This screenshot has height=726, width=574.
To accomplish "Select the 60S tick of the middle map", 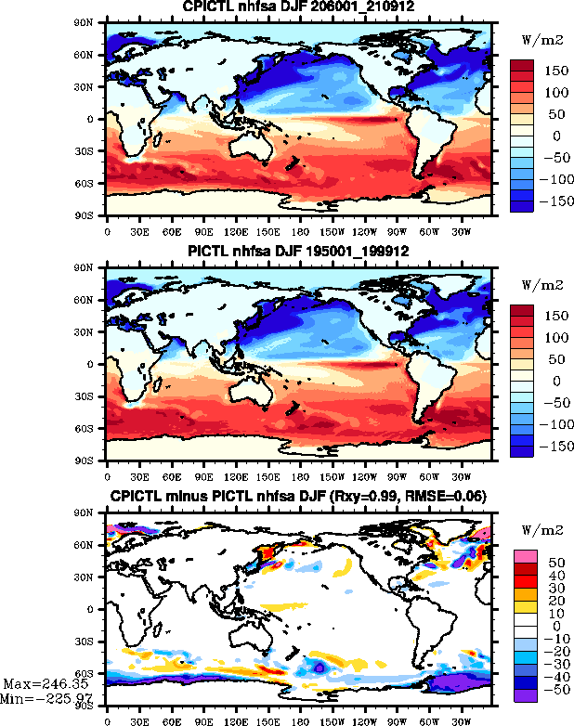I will (92, 429).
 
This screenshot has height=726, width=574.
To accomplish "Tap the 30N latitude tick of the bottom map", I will (92, 577).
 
